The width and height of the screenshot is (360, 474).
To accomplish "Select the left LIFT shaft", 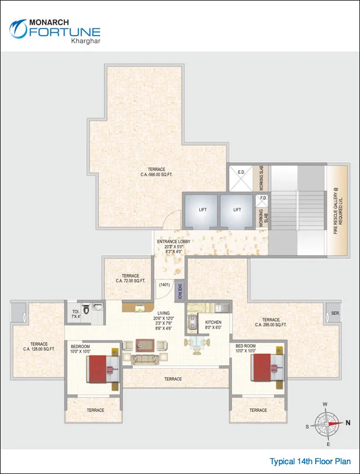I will point(202,210).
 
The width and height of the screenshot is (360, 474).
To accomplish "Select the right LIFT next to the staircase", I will point(237,210).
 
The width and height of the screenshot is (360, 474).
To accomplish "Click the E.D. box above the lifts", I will point(241,172).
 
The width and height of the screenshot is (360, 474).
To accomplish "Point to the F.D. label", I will point(263,198).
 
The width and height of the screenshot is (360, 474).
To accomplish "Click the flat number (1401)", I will point(164,285).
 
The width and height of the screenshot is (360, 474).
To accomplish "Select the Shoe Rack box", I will point(179,290).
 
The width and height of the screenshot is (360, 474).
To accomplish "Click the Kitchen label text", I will point(213,323).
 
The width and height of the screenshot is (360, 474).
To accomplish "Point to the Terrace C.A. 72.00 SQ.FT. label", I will point(130,278).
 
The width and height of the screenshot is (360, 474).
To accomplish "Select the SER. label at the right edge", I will point(335,314).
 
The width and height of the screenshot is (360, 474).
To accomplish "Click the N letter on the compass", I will point(347,423).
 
